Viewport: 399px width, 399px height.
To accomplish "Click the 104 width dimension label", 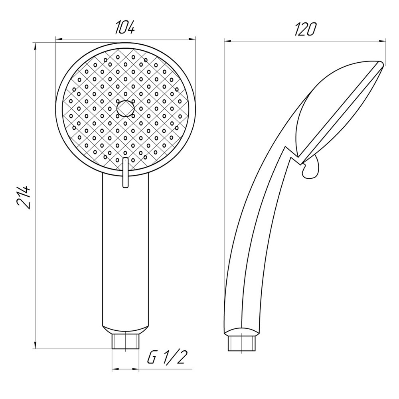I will click(125, 28).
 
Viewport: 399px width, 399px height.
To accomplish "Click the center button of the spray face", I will click(126, 108).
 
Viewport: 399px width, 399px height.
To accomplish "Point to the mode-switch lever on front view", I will click(125, 172).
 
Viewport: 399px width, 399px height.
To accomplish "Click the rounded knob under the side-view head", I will click(311, 168).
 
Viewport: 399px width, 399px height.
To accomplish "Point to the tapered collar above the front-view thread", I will click(125, 330).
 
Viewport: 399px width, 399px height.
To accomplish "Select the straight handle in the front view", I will click(125, 255).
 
